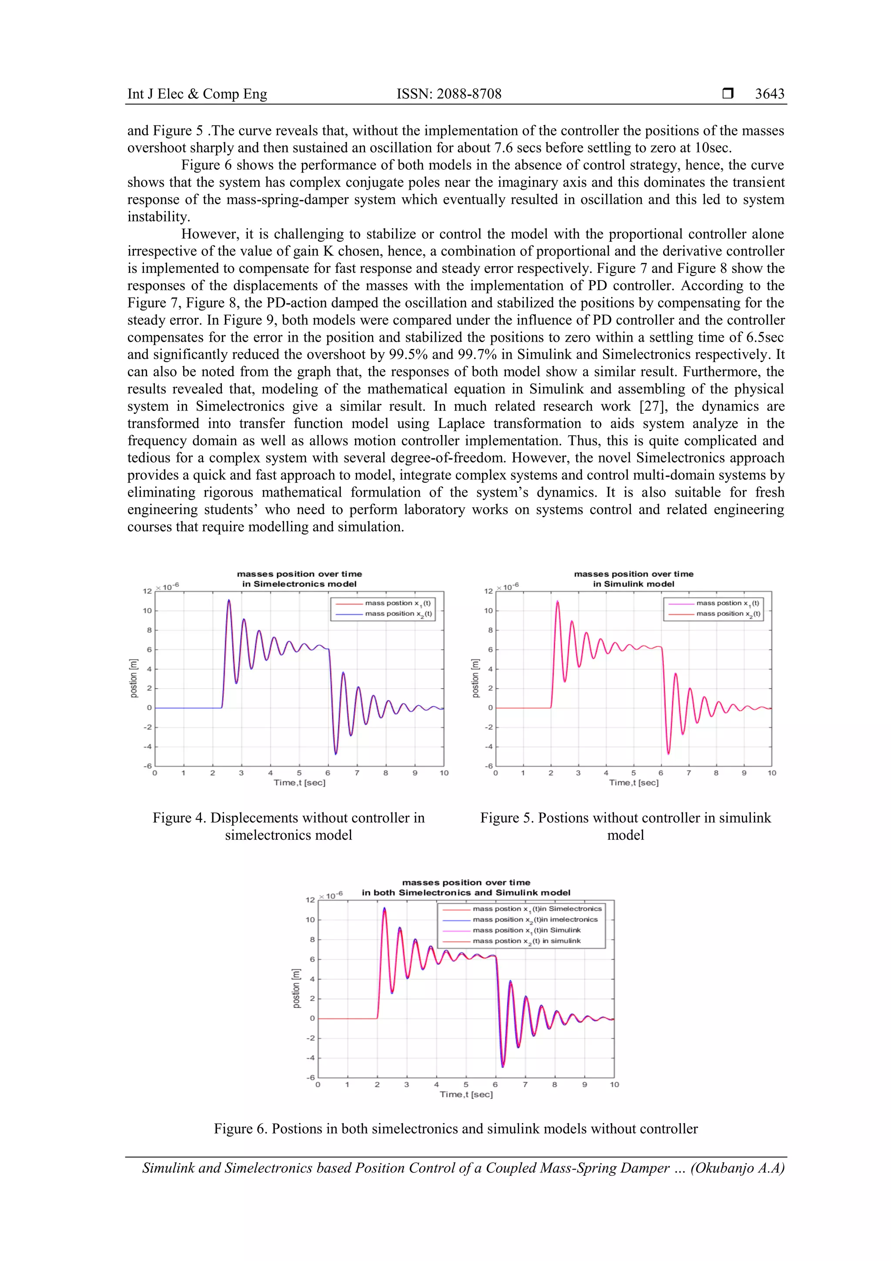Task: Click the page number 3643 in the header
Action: pyautogui.click(x=769, y=94)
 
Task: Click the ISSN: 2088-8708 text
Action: pyautogui.click(x=449, y=94)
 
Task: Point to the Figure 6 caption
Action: pyautogui.click(x=455, y=1129)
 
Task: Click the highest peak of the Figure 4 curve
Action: pyautogui.click(x=229, y=600)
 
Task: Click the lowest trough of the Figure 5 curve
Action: pyautogui.click(x=668, y=753)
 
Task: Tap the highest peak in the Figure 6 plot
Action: pyautogui.click(x=384, y=909)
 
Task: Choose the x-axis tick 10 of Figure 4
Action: pyautogui.click(x=444, y=773)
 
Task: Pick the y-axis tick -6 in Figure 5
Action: pyautogui.click(x=489, y=766)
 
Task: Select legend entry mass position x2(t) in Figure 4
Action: pyautogui.click(x=398, y=614)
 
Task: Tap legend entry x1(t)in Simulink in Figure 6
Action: pyautogui.click(x=526, y=930)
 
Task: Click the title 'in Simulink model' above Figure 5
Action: pyautogui.click(x=633, y=584)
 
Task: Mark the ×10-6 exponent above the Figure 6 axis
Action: pyautogui.click(x=332, y=895)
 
